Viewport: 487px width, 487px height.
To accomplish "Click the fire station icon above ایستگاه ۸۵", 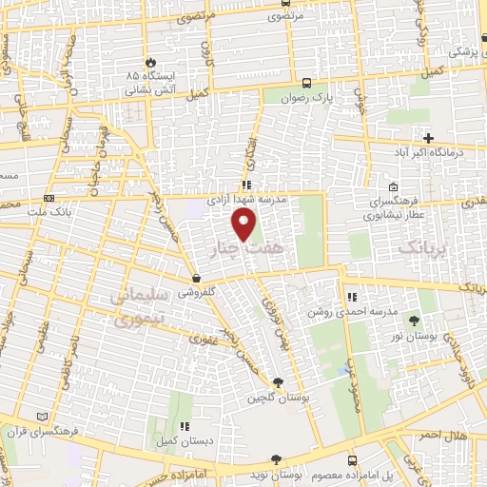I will click(146, 59).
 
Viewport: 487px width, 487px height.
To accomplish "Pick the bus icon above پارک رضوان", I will click(307, 82).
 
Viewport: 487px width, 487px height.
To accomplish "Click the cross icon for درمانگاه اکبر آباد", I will click(428, 138).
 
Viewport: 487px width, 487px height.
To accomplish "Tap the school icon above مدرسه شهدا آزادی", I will click(246, 185).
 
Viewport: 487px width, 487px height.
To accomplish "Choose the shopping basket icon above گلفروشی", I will click(197, 280).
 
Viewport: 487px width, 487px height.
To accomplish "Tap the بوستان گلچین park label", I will click(276, 397).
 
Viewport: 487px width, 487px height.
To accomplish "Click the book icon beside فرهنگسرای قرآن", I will click(39, 416).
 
